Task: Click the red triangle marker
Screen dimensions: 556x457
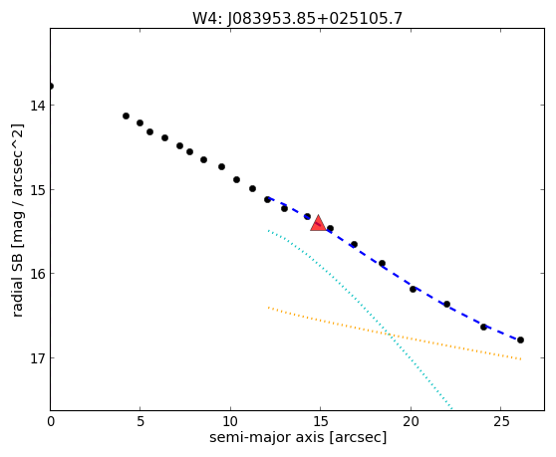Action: point(318,224)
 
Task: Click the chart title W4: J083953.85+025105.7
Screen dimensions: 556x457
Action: point(297,19)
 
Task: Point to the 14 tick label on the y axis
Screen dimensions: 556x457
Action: point(37,106)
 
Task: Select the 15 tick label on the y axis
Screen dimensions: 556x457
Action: point(37,189)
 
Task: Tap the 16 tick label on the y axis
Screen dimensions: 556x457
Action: point(37,274)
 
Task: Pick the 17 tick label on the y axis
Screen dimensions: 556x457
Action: point(37,357)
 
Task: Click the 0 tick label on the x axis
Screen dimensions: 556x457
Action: point(51,421)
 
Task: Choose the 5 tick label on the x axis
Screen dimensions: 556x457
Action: point(140,421)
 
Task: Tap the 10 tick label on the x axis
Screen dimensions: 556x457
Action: point(230,421)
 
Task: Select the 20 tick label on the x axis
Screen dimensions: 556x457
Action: point(411,421)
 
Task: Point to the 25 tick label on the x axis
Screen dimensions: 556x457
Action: point(500,421)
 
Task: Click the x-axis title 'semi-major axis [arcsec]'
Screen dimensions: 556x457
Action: point(298,437)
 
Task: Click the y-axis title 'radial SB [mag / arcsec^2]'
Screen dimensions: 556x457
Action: point(17,220)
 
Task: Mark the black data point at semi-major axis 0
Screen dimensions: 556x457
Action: point(51,86)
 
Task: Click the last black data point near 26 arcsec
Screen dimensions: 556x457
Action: point(520,341)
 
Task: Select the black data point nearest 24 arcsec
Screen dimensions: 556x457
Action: point(483,327)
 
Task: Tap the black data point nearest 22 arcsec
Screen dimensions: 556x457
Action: point(446,305)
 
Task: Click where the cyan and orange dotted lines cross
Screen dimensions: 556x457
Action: point(390,335)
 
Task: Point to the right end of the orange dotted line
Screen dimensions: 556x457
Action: point(521,359)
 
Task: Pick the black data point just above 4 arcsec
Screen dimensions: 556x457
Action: point(126,115)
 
